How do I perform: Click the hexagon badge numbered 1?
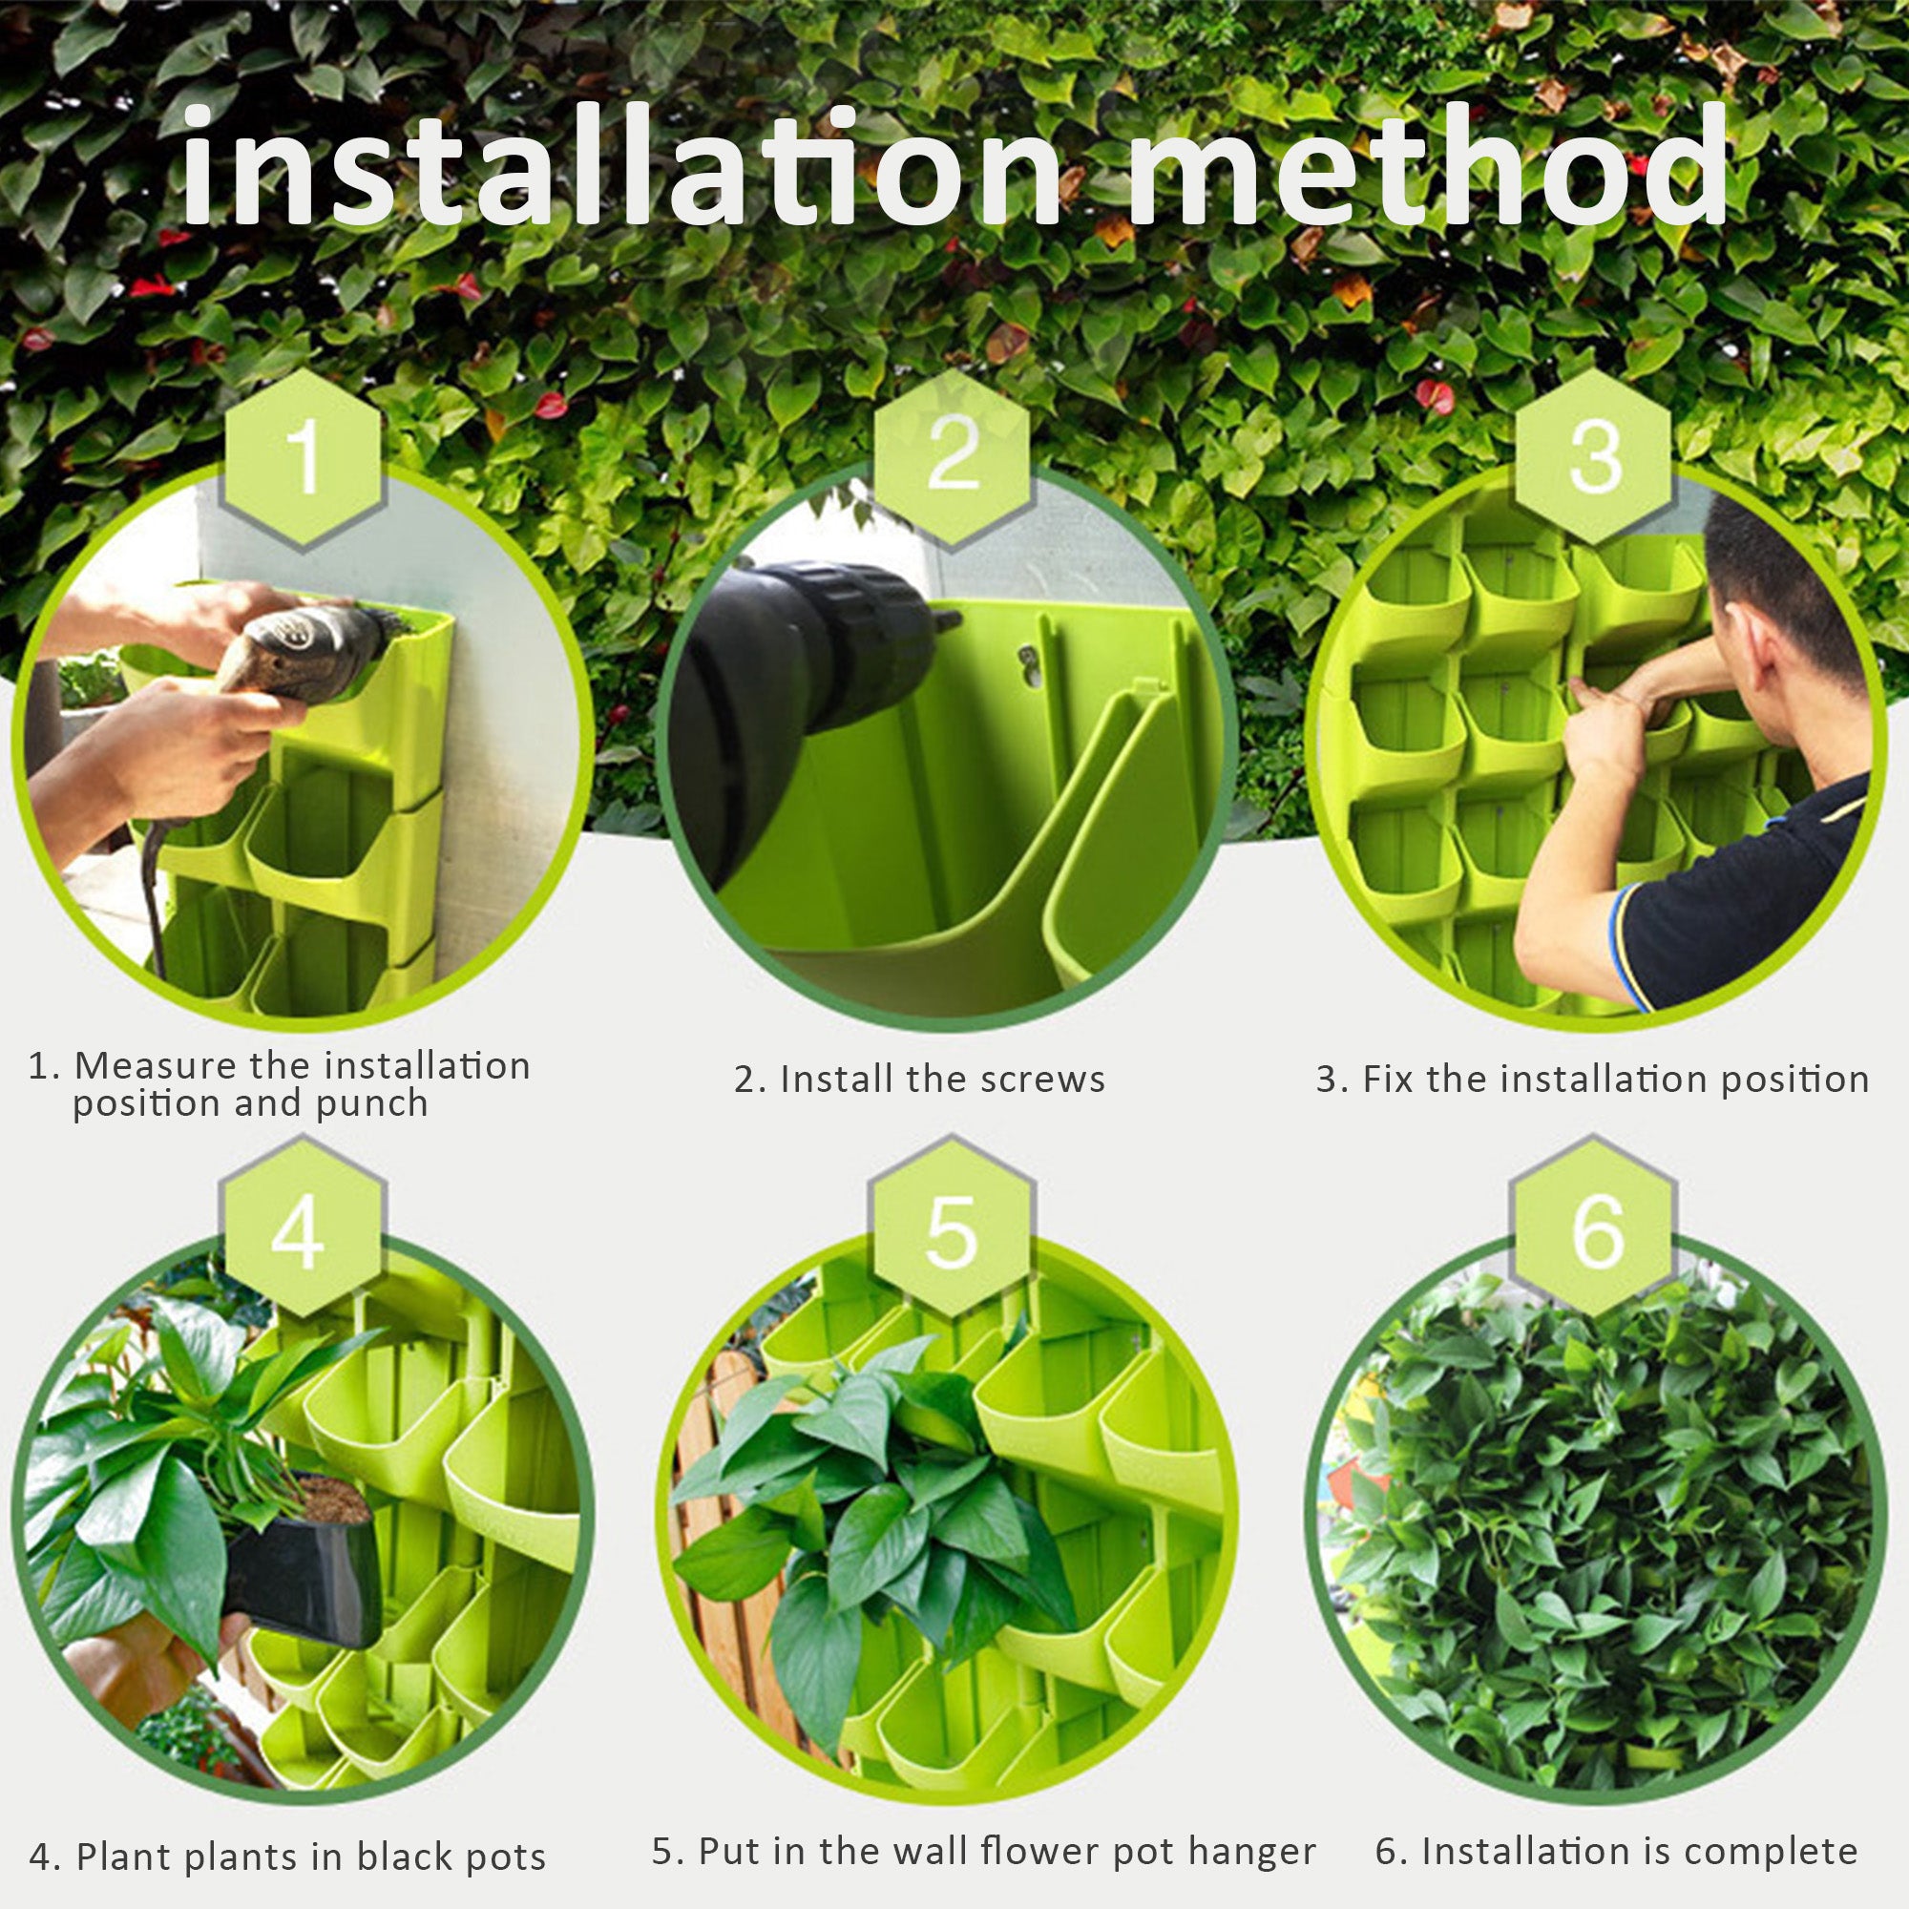[301, 459]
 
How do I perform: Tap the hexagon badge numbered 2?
[953, 456]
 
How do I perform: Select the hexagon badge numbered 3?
[1593, 456]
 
